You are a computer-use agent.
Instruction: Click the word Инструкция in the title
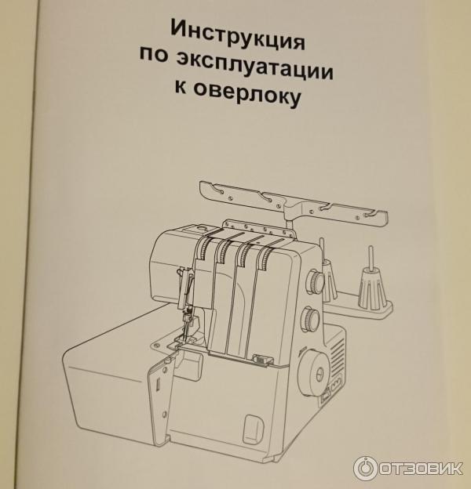point(237,35)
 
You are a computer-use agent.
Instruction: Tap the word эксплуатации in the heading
point(254,66)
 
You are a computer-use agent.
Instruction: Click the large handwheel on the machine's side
point(316,373)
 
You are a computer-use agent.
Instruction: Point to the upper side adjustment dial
point(315,281)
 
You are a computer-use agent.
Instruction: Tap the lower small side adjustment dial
point(310,320)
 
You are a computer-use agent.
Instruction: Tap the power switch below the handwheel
point(324,397)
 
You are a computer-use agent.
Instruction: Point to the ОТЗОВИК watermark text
point(422,468)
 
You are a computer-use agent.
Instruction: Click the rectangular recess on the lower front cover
point(254,429)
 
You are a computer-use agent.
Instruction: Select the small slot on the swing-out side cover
point(158,384)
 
